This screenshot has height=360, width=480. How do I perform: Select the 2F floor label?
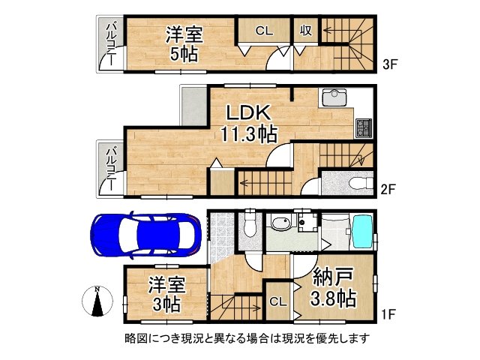pos(388,189)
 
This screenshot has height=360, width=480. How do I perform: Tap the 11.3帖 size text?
pos(248,136)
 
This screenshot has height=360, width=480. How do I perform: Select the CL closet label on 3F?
pos(263,31)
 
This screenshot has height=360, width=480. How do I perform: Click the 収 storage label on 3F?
pos(306,31)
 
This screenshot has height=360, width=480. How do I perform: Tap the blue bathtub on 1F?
pos(362,233)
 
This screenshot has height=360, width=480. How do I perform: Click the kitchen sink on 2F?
pos(331,98)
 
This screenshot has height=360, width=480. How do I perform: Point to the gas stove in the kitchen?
pos(363,127)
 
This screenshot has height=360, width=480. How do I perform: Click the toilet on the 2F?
pos(357,182)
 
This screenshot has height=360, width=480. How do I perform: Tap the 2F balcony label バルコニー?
pos(110,168)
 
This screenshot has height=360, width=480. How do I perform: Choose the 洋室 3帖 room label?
pos(166,295)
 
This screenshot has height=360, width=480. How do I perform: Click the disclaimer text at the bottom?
pos(247,338)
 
